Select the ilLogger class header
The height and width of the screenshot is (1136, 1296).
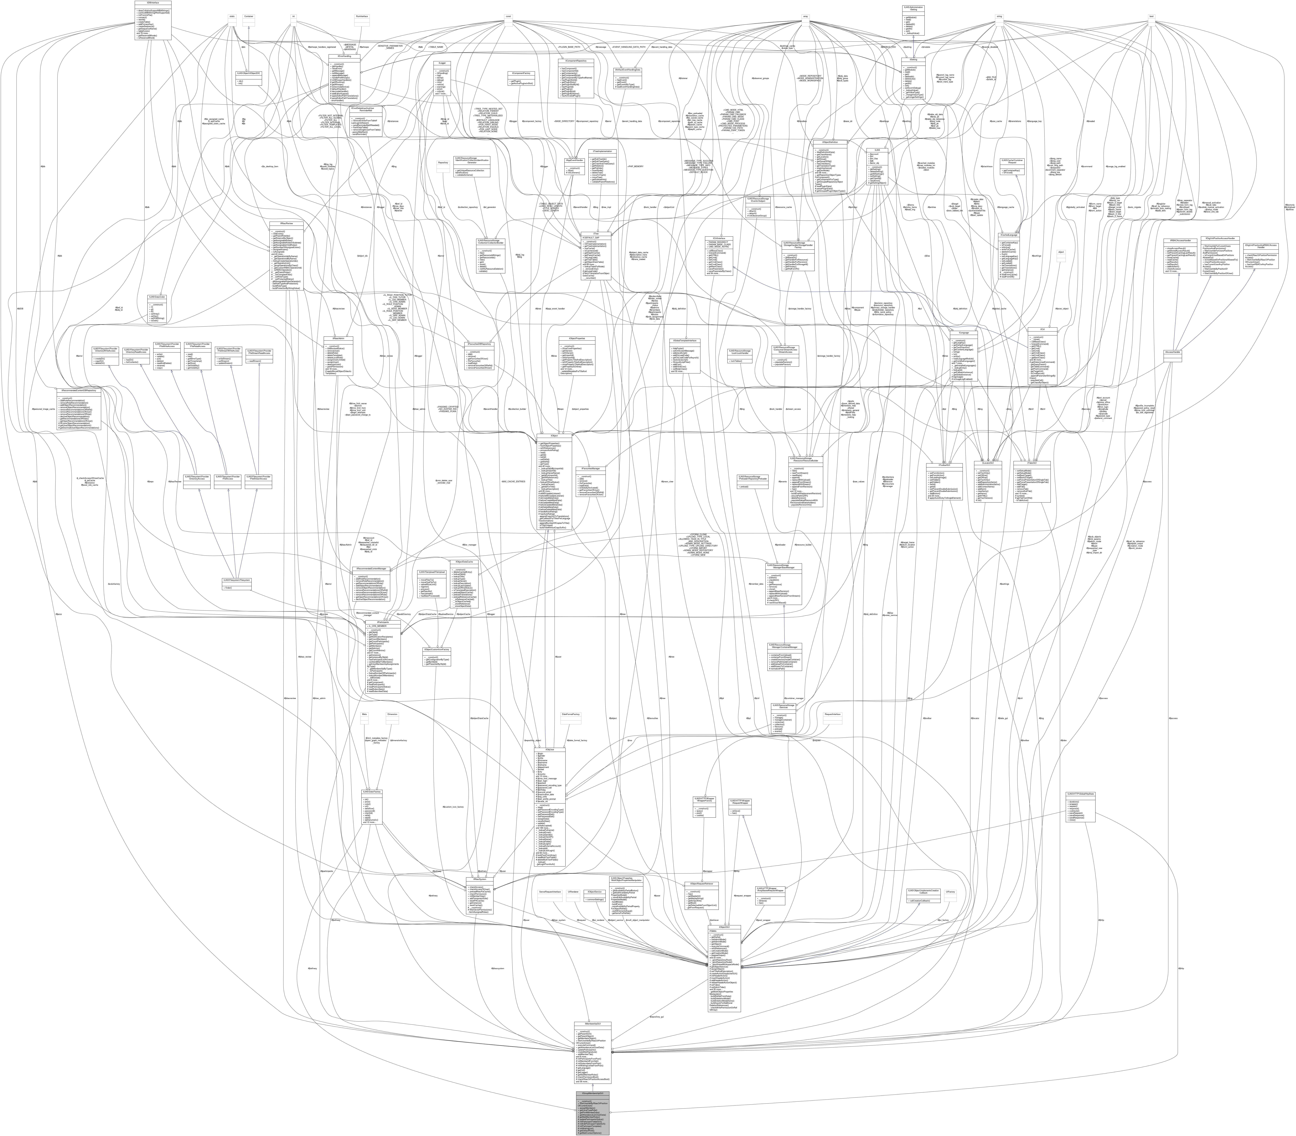[442, 63]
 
